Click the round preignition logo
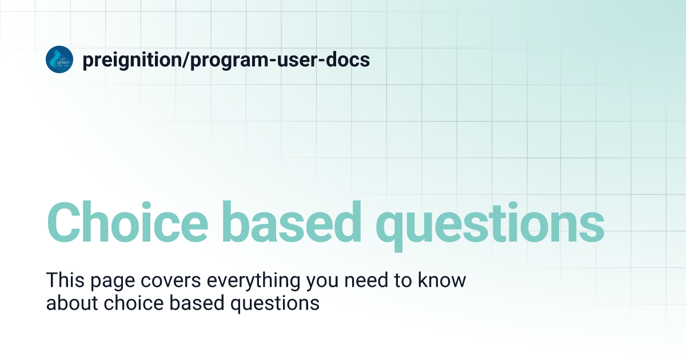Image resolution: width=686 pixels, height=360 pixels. coord(59,59)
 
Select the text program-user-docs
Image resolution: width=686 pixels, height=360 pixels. coord(280,60)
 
